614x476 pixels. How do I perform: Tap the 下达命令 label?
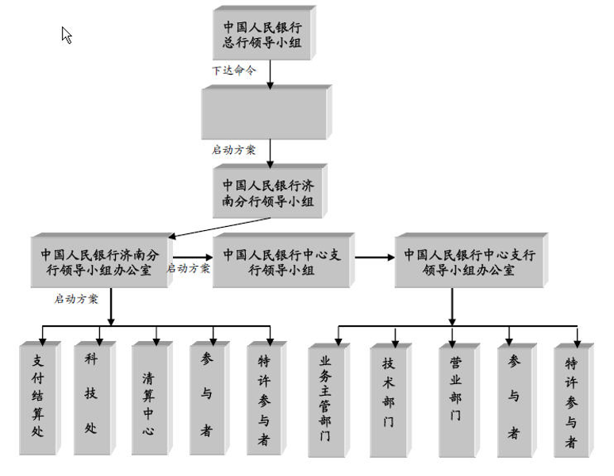pyautogui.click(x=234, y=70)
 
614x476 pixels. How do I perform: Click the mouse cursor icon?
pyautogui.click(x=67, y=35)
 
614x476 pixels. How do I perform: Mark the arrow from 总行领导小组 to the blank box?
pyautogui.click(x=271, y=72)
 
